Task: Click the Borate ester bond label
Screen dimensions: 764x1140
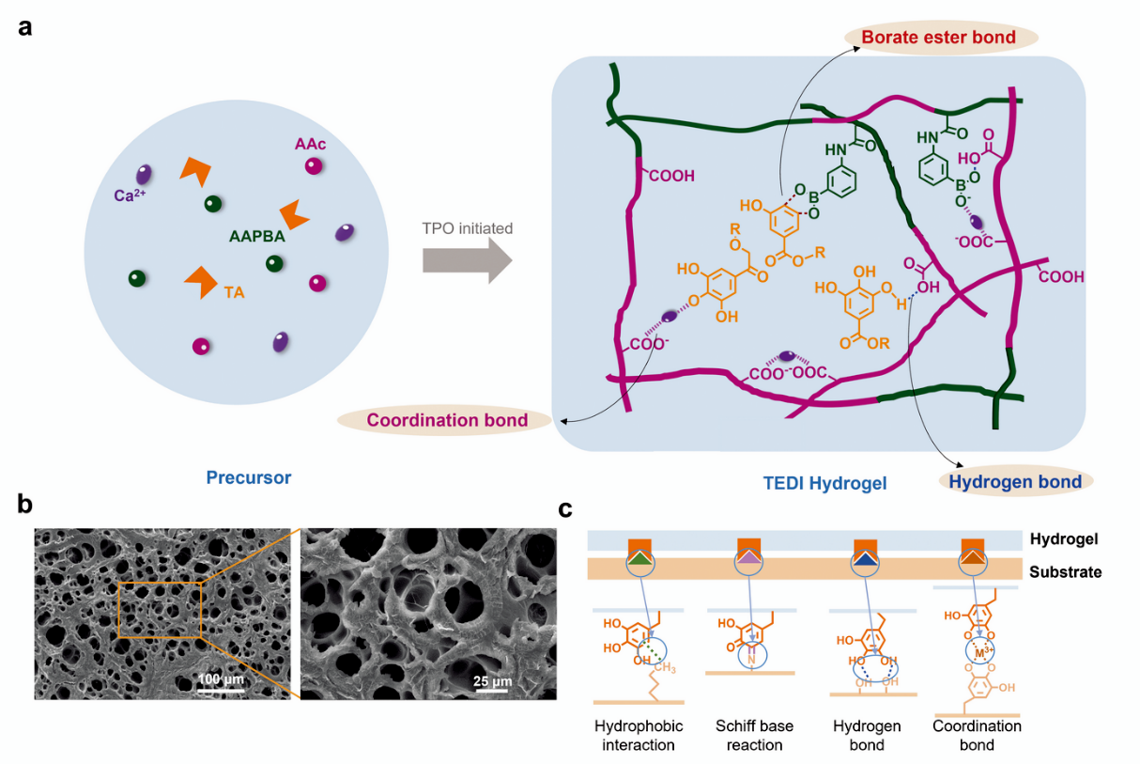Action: coord(939,38)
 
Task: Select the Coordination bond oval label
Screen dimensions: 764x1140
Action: coord(446,420)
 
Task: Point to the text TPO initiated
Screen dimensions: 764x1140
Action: coord(467,227)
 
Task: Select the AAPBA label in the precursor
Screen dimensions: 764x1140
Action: coord(256,237)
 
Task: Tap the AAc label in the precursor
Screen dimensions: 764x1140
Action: coord(310,144)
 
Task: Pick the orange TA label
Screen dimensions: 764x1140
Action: coord(234,292)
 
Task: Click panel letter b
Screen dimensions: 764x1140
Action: coord(25,505)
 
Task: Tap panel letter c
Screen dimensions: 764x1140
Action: coord(565,510)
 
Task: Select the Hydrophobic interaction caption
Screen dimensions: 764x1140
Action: coord(639,736)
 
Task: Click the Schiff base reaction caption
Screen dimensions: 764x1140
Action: coord(754,736)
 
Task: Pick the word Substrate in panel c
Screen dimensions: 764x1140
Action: coord(1065,571)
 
